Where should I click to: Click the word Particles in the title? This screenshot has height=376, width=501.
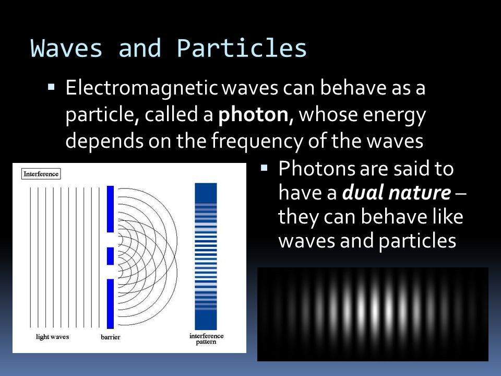click(242, 48)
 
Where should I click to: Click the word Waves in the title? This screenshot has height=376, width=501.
click(66, 48)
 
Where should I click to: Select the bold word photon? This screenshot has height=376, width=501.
click(254, 115)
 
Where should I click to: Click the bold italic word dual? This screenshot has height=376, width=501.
click(363, 192)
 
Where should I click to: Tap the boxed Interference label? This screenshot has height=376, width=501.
click(41, 174)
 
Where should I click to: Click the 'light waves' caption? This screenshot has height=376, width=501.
click(52, 337)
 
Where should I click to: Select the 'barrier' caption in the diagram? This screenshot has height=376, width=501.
click(110, 337)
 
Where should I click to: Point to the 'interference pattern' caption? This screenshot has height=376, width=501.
click(206, 339)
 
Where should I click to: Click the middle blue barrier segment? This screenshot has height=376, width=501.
click(110, 256)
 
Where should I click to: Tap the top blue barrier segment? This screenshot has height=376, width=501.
click(110, 209)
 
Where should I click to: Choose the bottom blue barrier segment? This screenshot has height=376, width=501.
click(110, 304)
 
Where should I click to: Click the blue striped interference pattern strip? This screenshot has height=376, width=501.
click(206, 256)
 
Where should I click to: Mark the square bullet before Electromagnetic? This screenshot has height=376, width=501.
click(51, 87)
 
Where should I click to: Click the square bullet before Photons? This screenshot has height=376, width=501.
click(264, 168)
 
